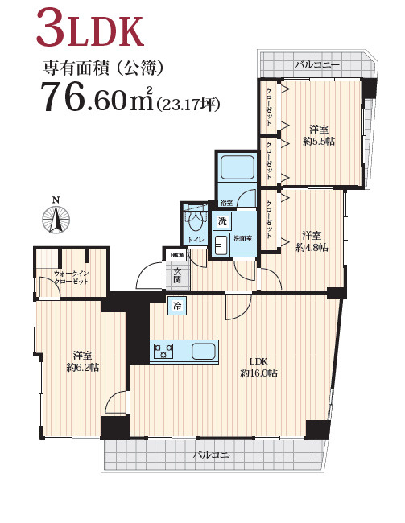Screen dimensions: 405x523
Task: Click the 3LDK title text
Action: tap(90, 29)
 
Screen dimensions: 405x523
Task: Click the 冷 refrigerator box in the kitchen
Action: tap(177, 306)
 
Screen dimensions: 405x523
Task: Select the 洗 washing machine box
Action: tap(222, 220)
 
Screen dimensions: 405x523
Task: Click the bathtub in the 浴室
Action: tap(238, 167)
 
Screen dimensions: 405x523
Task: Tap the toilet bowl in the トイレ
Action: tap(195, 220)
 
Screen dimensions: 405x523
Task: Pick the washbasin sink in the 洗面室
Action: tap(221, 245)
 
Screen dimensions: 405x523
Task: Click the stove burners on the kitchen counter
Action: tap(163, 352)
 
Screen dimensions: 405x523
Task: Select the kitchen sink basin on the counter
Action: tap(203, 352)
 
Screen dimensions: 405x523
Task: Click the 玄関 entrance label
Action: tap(177, 275)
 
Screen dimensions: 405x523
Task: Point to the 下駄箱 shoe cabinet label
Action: tap(176, 255)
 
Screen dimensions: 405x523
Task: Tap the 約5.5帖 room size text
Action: tap(319, 142)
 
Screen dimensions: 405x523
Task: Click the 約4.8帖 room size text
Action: tap(312, 248)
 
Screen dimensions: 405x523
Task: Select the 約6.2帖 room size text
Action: tap(82, 368)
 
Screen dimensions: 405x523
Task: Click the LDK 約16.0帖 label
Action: tap(258, 367)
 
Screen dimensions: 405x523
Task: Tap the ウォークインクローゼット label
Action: tap(72, 278)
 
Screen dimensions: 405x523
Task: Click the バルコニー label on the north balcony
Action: tap(317, 64)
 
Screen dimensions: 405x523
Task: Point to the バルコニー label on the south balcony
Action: tap(215, 455)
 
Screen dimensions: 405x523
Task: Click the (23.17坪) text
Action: tap(188, 105)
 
